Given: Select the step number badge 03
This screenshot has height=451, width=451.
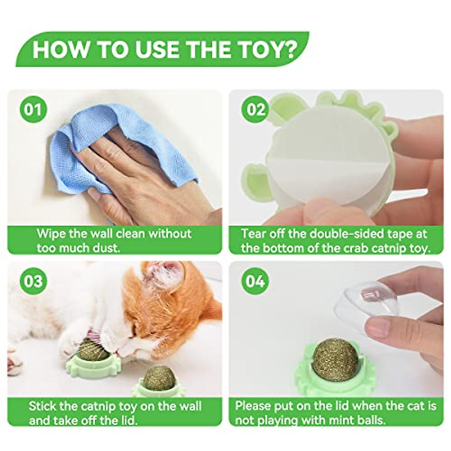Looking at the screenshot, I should [x=33, y=281].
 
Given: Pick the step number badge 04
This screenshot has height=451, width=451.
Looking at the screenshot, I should [x=256, y=281].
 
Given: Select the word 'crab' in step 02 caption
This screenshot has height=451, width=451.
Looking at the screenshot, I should [x=345, y=248].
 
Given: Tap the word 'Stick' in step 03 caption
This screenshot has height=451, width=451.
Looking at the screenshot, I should [x=43, y=406].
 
